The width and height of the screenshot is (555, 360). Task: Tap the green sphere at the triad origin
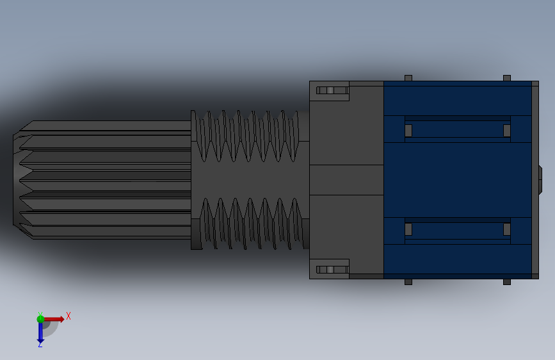click(40, 319)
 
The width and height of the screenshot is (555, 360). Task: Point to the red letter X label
click(68, 316)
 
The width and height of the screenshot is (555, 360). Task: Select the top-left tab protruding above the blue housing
click(408, 78)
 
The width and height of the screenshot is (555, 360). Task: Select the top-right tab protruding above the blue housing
click(507, 78)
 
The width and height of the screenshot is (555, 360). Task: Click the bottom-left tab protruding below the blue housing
click(408, 282)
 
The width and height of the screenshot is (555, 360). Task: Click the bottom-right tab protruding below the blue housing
click(507, 282)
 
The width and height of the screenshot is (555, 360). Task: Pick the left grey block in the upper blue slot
click(408, 131)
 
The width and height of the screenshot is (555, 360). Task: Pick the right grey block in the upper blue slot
click(507, 131)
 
